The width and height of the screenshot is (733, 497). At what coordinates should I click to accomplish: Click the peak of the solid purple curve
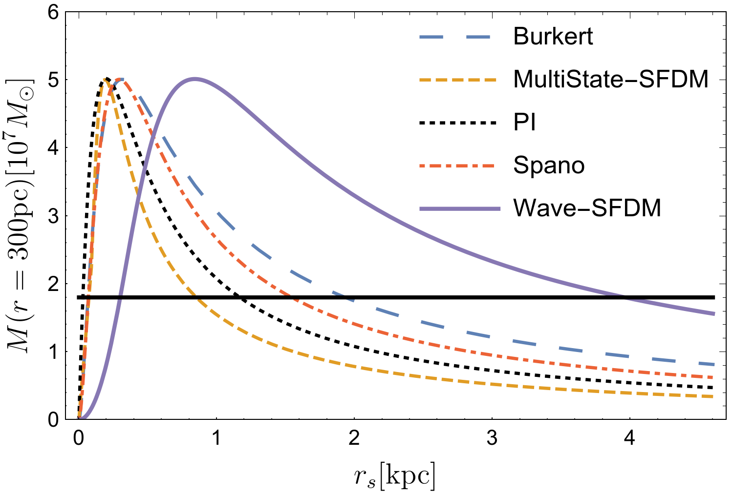(195, 79)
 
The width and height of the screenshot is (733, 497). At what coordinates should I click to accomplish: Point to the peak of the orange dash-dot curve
(123, 79)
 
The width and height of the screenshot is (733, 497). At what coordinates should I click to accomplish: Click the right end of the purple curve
(714, 313)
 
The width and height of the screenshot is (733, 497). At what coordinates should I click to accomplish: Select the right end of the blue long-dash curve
(714, 364)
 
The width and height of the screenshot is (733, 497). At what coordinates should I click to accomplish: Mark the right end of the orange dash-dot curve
(713, 377)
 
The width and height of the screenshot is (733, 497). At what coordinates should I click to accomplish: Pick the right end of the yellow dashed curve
(713, 396)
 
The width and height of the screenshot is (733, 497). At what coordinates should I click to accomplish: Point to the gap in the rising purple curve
(120, 295)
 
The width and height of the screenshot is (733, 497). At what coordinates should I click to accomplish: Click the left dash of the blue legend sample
(431, 37)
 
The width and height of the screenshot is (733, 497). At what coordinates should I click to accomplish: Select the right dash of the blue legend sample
(478, 37)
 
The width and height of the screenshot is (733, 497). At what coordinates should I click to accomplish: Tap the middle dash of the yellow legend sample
(458, 80)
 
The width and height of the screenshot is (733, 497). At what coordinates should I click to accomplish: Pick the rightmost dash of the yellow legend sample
(490, 80)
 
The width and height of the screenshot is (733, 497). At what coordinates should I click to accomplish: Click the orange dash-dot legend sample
(457, 166)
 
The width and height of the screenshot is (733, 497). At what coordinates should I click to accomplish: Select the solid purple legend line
(460, 209)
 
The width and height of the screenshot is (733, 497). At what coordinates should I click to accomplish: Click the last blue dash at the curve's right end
(708, 364)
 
